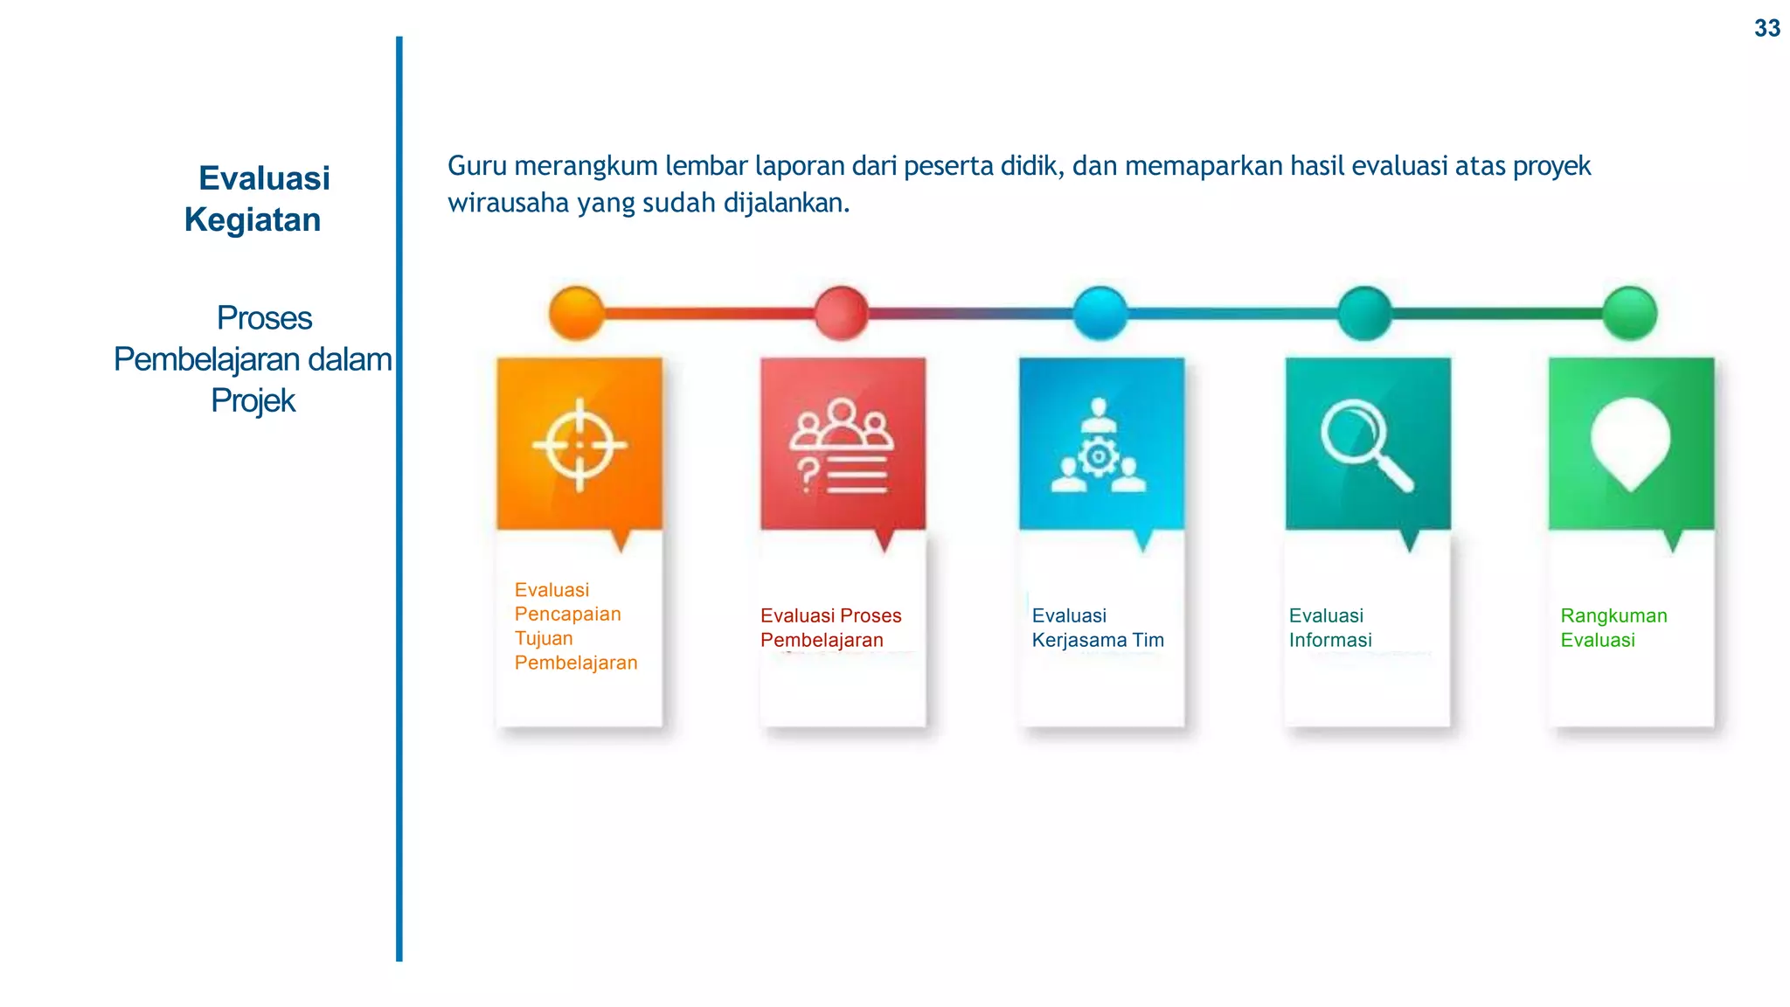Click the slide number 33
1766,29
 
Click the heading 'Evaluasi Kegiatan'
257,198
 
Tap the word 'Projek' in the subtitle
253,400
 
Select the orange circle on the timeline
577,313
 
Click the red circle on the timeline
841,313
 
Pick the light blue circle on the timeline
1100,313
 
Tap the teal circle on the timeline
1364,313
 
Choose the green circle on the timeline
1630,313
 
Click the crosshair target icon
579,445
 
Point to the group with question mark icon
842,446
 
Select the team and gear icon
1099,446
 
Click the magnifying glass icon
1365,445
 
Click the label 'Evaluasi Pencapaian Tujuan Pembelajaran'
575,626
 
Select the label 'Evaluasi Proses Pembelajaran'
830,628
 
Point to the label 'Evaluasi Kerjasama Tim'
1098,628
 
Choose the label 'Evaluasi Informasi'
1330,628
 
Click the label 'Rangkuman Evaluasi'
1613,628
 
